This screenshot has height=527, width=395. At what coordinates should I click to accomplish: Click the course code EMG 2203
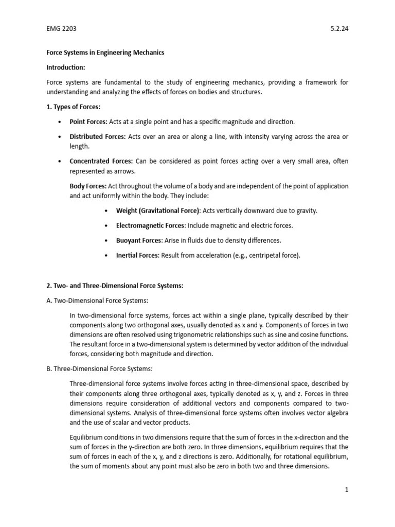61,29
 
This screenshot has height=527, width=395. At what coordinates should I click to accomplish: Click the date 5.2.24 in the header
339,29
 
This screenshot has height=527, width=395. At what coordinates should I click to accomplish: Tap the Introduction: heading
66,67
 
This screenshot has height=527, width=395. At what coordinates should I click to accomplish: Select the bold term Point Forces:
88,121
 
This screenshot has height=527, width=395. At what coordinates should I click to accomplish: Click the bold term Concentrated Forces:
101,161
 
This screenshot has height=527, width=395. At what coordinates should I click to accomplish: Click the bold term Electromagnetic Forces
151,225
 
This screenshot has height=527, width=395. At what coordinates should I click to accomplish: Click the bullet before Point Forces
60,122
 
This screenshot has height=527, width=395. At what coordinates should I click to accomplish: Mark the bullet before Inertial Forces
106,256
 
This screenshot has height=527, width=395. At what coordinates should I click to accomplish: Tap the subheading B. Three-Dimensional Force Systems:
99,369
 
